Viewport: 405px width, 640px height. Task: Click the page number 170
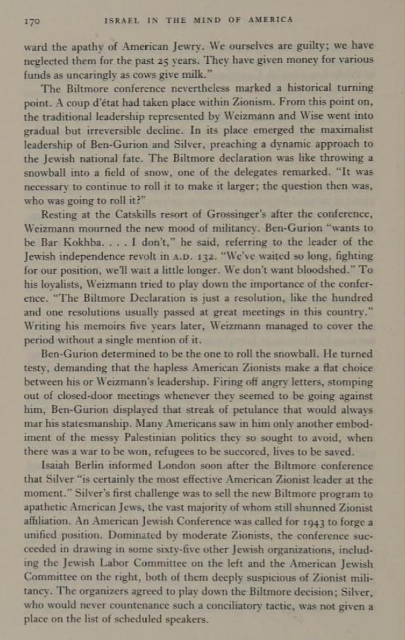(31, 21)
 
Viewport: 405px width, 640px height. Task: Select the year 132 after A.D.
(228, 256)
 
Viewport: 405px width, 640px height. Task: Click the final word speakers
(185, 619)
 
